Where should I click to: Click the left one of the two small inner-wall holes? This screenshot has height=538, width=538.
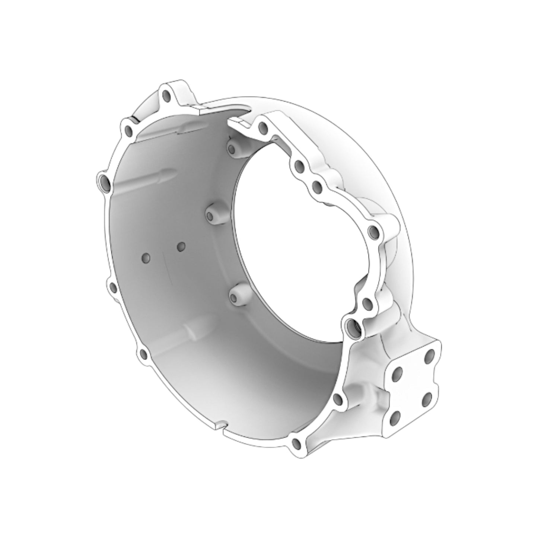tap(146, 257)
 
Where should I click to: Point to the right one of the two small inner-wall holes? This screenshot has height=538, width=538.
tap(181, 246)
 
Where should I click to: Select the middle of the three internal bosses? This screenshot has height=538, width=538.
tap(211, 216)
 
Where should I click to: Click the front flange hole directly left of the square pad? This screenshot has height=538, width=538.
tap(338, 399)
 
